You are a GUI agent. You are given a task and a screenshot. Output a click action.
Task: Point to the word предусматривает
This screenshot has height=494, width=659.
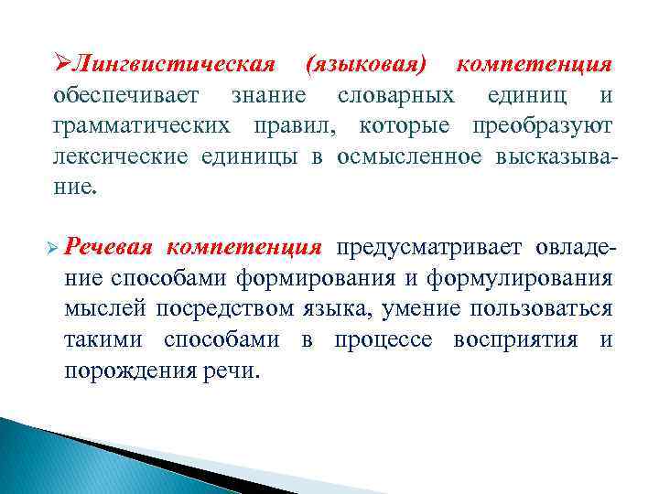427,248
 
